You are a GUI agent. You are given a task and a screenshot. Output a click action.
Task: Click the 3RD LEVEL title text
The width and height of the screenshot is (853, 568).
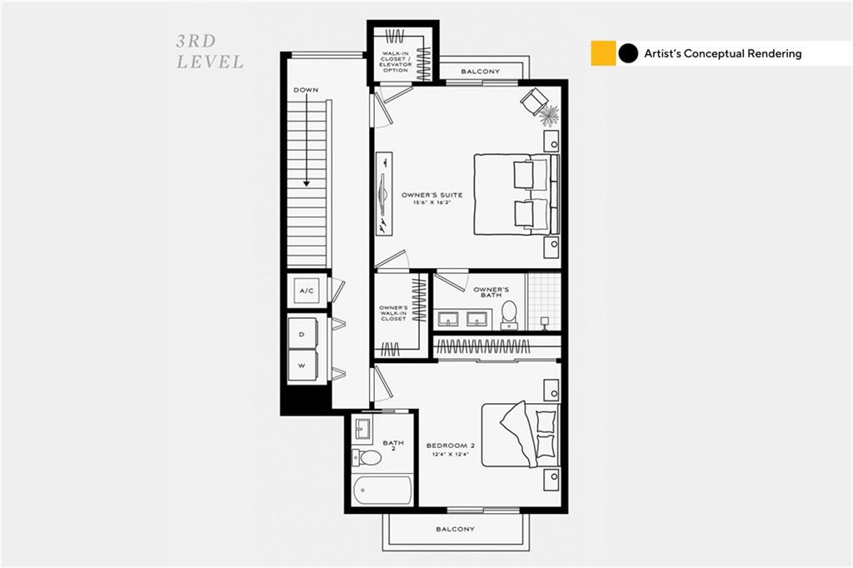pyautogui.click(x=210, y=52)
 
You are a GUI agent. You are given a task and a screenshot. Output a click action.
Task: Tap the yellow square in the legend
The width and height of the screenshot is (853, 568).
pyautogui.click(x=603, y=53)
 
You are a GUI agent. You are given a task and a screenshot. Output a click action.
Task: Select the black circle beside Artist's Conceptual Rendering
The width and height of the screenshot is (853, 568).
pyautogui.click(x=628, y=53)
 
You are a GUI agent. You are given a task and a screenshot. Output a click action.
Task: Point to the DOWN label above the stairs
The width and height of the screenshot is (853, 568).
pyautogui.click(x=306, y=90)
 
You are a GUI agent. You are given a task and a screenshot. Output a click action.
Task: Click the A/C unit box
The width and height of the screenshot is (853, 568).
pyautogui.click(x=307, y=291)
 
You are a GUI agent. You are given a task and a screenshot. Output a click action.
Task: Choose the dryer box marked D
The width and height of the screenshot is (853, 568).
pyautogui.click(x=302, y=333)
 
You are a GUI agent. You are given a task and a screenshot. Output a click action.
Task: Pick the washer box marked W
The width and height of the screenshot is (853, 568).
pyautogui.click(x=302, y=365)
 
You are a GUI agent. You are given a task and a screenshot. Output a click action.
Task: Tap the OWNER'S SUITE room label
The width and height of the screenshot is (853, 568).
pyautogui.click(x=432, y=195)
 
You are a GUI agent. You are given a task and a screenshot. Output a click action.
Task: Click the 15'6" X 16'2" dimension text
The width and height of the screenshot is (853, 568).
pyautogui.click(x=432, y=203)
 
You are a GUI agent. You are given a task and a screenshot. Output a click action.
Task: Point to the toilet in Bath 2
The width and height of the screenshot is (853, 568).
pyautogui.click(x=367, y=457)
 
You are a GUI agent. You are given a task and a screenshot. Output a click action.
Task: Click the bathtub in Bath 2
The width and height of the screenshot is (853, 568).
pyautogui.click(x=382, y=491)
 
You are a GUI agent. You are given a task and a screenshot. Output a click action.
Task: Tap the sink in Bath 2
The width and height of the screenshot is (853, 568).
pyautogui.click(x=362, y=428)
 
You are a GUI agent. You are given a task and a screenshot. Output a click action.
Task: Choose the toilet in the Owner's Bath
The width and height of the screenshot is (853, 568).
pyautogui.click(x=509, y=315)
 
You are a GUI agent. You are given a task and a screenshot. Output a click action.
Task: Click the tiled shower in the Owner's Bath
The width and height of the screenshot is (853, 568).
pyautogui.click(x=544, y=302)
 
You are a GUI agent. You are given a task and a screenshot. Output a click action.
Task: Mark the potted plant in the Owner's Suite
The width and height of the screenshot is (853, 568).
pyautogui.click(x=548, y=115)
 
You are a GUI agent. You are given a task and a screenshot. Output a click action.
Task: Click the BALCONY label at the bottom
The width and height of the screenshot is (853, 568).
pyautogui.click(x=456, y=529)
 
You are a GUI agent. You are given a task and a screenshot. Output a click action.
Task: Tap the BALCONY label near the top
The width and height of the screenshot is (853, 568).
pyautogui.click(x=481, y=72)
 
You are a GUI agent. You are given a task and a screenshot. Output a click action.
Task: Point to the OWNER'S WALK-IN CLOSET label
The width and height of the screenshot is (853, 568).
pyautogui.click(x=393, y=313)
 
